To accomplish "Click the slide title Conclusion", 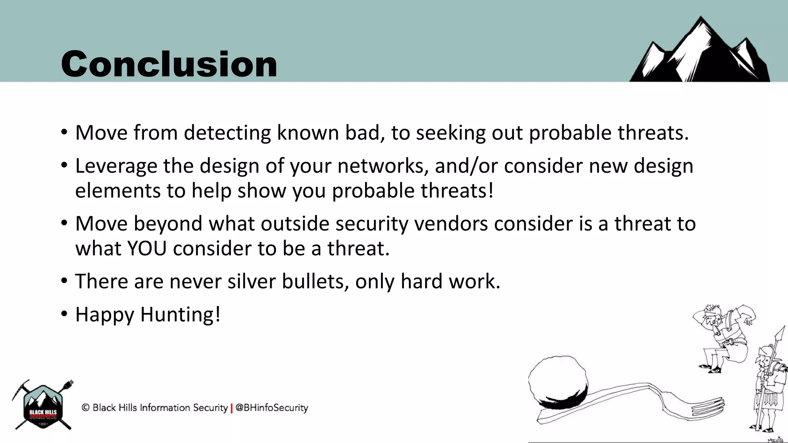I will pos(169,64).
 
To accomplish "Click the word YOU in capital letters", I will pos(147,248).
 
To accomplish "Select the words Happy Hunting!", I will pos(148,315).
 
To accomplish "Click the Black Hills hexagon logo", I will pos(43,406).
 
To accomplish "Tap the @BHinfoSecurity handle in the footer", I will pos(272,408).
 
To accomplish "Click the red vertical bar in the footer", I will pos(232,408).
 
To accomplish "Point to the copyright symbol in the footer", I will pos(85,407).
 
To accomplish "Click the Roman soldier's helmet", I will pos(764,351).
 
